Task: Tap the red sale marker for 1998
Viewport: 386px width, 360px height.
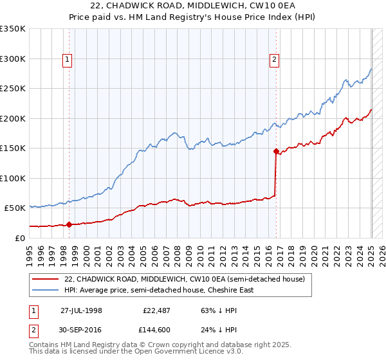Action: [69, 224]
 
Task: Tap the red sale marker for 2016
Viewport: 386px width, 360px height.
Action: [276, 152]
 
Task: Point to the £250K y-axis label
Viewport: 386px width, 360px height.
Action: [13, 89]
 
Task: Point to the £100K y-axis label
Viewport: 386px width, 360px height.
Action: [13, 178]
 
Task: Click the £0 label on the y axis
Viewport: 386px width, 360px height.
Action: [19, 238]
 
